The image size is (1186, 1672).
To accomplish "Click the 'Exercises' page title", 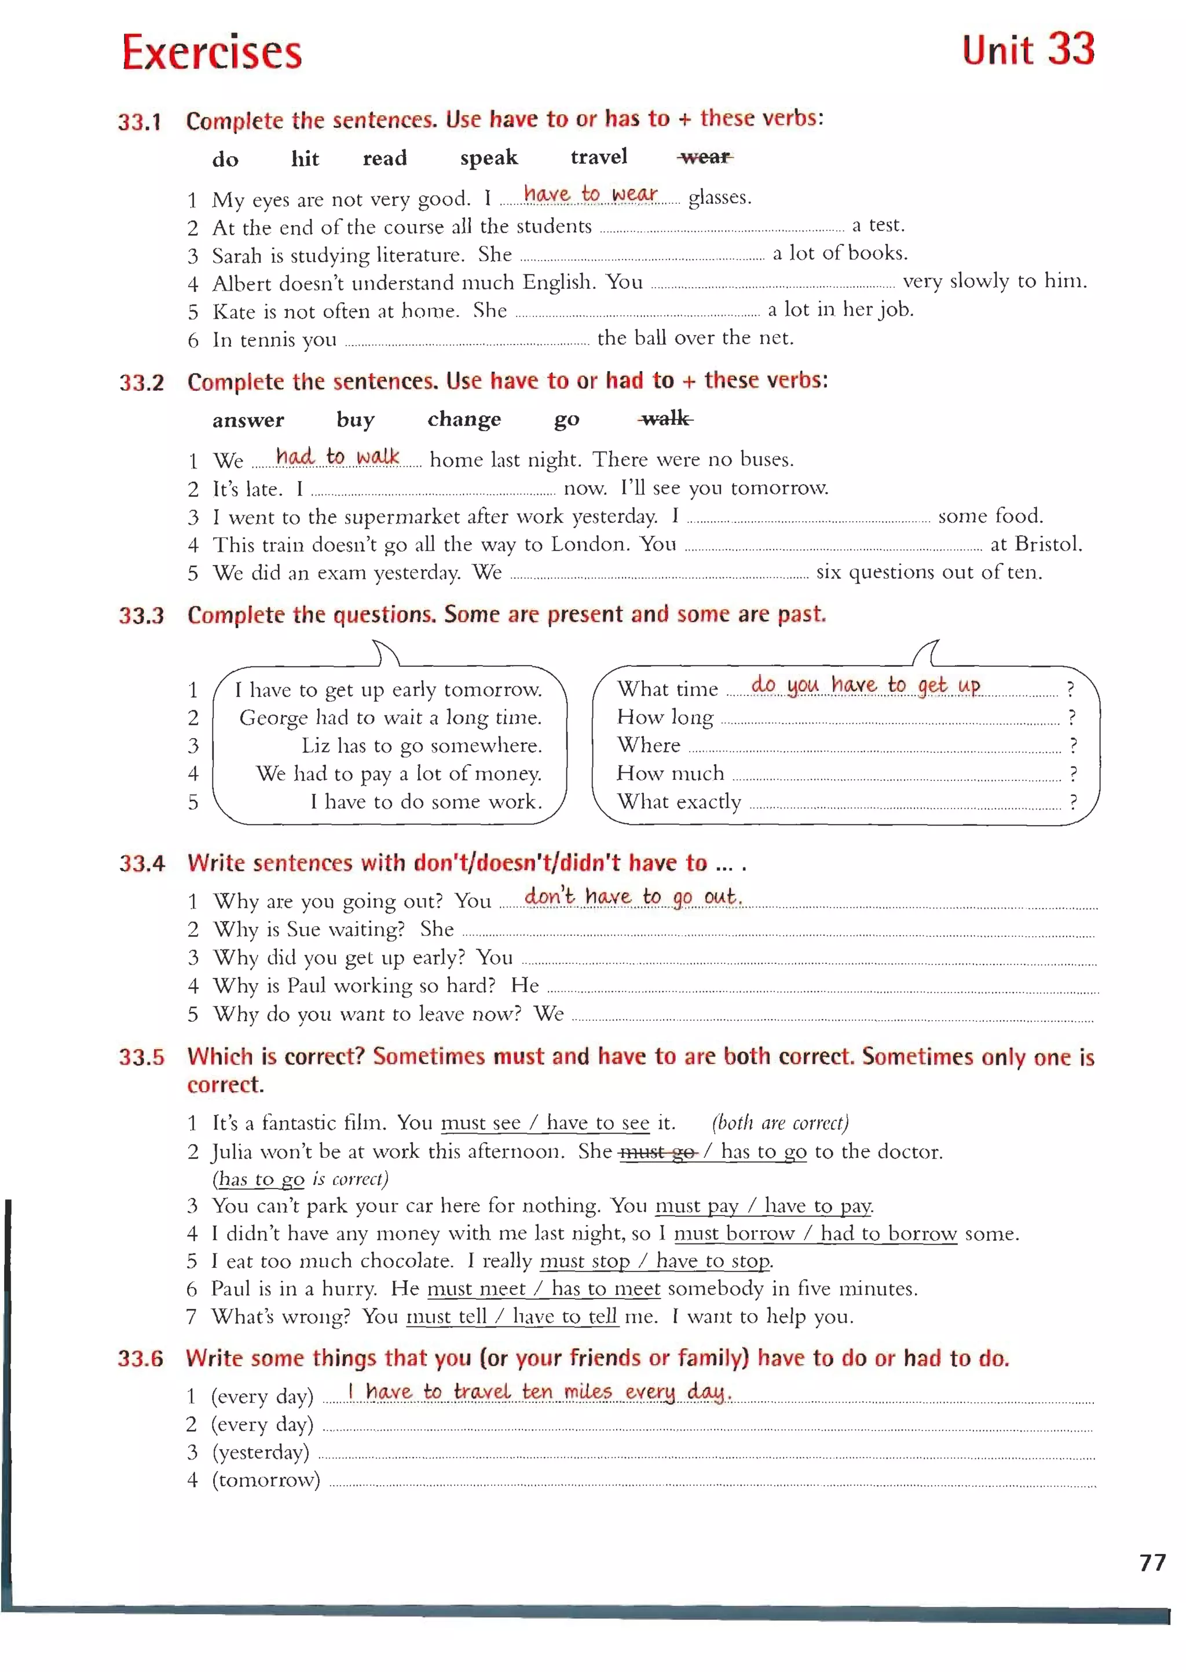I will [212, 53].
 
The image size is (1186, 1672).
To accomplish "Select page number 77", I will [1152, 1562].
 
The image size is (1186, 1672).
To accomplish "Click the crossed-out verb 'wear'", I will [705, 157].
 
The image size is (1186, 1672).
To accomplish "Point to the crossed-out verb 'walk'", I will [665, 419].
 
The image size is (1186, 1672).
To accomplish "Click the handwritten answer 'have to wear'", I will [590, 194].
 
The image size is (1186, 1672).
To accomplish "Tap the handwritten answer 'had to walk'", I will [338, 457].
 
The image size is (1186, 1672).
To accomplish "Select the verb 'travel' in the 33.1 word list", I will [598, 157].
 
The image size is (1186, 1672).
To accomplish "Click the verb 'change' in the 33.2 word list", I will [464, 419].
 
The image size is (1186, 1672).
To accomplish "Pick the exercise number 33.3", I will [142, 615].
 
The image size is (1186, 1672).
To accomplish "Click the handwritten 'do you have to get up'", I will [865, 685].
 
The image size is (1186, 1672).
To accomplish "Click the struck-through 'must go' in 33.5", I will [657, 1152].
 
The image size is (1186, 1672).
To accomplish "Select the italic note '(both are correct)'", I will [780, 1122].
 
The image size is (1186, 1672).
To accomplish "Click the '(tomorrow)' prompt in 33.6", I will [266, 1480].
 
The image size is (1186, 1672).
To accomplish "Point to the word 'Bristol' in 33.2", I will [1046, 544].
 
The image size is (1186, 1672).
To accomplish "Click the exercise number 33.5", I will [142, 1057].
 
